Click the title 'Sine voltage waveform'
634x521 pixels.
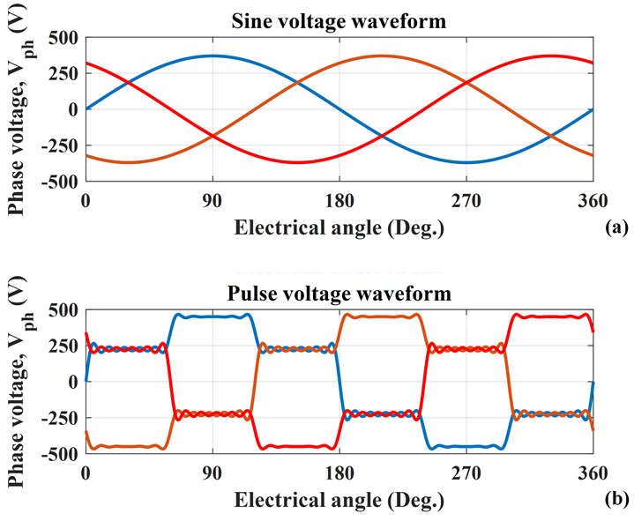tap(339, 21)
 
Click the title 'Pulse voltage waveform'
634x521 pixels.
tap(339, 293)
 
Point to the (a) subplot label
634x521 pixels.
tap(617, 227)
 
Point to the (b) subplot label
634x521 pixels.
tap(617, 500)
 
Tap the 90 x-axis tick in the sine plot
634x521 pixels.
tap(213, 200)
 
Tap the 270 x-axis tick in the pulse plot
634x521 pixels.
tap(466, 473)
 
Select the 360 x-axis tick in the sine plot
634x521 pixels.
tap(593, 200)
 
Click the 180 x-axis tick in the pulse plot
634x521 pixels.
tap(339, 473)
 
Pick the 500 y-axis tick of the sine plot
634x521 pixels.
tap(63, 38)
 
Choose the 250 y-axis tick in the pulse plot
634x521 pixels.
tap(63, 346)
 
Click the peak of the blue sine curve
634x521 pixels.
tap(213, 56)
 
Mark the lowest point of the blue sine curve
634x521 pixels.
tap(466, 162)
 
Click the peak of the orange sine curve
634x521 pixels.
tap(382, 56)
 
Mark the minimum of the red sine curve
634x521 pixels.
tap(297, 162)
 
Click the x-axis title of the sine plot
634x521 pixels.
tap(339, 227)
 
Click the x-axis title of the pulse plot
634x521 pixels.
tap(339, 500)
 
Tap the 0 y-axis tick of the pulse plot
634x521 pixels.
tap(73, 382)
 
